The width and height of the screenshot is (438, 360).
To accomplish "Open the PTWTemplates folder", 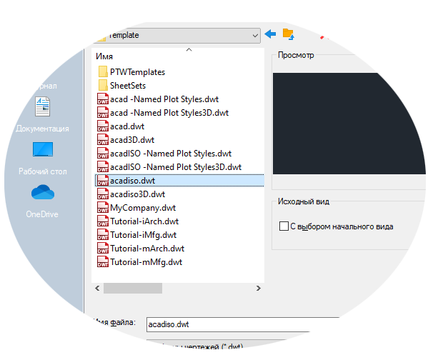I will click(x=137, y=72).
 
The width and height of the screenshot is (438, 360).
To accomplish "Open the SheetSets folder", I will click(x=128, y=86).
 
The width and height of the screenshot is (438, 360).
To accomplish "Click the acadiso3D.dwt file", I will click(x=137, y=194).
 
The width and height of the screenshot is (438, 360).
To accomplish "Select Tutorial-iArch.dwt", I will click(x=144, y=221).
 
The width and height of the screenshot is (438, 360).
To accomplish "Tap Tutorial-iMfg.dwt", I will click(x=143, y=235).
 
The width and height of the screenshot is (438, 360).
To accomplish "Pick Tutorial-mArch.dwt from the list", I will click(x=146, y=249).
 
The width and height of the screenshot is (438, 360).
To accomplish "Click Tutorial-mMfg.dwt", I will click(x=146, y=262).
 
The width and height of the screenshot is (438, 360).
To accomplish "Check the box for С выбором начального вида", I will click(x=283, y=226).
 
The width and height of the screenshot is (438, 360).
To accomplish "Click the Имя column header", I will click(x=105, y=55).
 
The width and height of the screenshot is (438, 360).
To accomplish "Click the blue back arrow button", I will click(x=270, y=34).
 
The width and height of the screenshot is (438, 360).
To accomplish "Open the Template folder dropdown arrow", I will click(x=255, y=34).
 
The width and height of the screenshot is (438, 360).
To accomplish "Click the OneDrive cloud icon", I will click(x=42, y=193).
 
